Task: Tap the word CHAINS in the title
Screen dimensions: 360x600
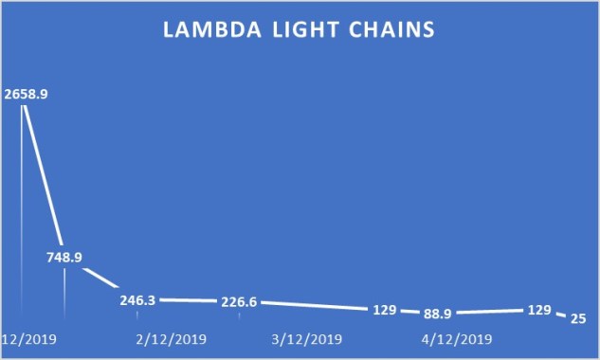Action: pyautogui.click(x=389, y=30)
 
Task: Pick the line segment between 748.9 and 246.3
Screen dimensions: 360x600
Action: pyautogui.click(x=100, y=280)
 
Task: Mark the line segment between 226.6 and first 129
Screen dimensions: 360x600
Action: pyautogui.click(x=313, y=306)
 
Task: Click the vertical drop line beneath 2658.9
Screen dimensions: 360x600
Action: pyautogui.click(x=22, y=218)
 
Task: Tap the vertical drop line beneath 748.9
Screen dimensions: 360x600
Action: pyautogui.click(x=64, y=294)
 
